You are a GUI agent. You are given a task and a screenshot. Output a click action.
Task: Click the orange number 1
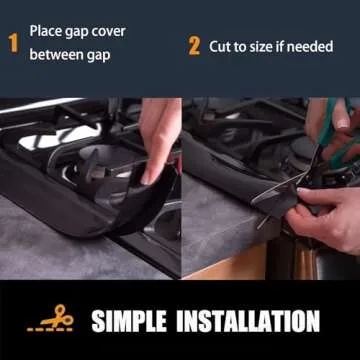click(x=14, y=44)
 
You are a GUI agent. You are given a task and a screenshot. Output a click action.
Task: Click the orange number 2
click(x=194, y=46)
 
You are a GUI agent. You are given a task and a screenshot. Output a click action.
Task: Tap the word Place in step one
click(x=46, y=32)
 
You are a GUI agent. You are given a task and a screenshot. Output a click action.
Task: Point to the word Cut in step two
click(x=221, y=46)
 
